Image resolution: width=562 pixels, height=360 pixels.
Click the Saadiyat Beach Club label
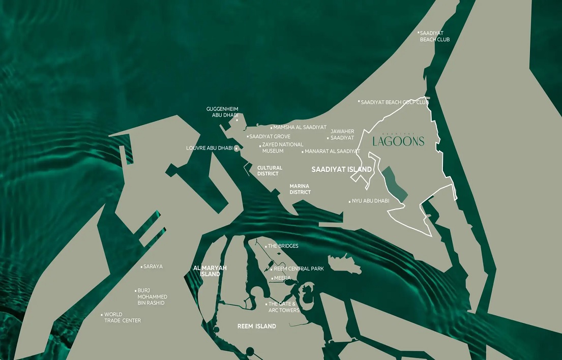435,36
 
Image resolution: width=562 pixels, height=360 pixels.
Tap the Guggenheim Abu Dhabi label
222,112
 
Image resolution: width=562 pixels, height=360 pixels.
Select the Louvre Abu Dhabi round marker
236,148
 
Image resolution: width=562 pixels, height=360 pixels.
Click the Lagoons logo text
398,141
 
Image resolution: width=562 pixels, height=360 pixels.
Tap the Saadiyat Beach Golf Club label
395,102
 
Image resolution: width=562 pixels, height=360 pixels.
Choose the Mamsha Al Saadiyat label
300,128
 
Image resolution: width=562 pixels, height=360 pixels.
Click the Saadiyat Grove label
270,137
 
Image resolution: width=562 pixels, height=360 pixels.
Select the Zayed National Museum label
283,147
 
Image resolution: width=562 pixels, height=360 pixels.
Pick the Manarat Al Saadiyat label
332,152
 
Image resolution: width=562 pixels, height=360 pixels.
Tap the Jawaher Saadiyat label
342,135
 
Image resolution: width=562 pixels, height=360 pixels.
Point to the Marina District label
300,189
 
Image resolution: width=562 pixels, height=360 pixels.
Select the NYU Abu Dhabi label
370,201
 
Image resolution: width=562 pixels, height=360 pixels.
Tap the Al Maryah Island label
210,271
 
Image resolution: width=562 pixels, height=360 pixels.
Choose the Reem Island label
257,326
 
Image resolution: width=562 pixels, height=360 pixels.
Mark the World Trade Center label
123,317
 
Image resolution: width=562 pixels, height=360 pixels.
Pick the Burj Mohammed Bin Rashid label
152,296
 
